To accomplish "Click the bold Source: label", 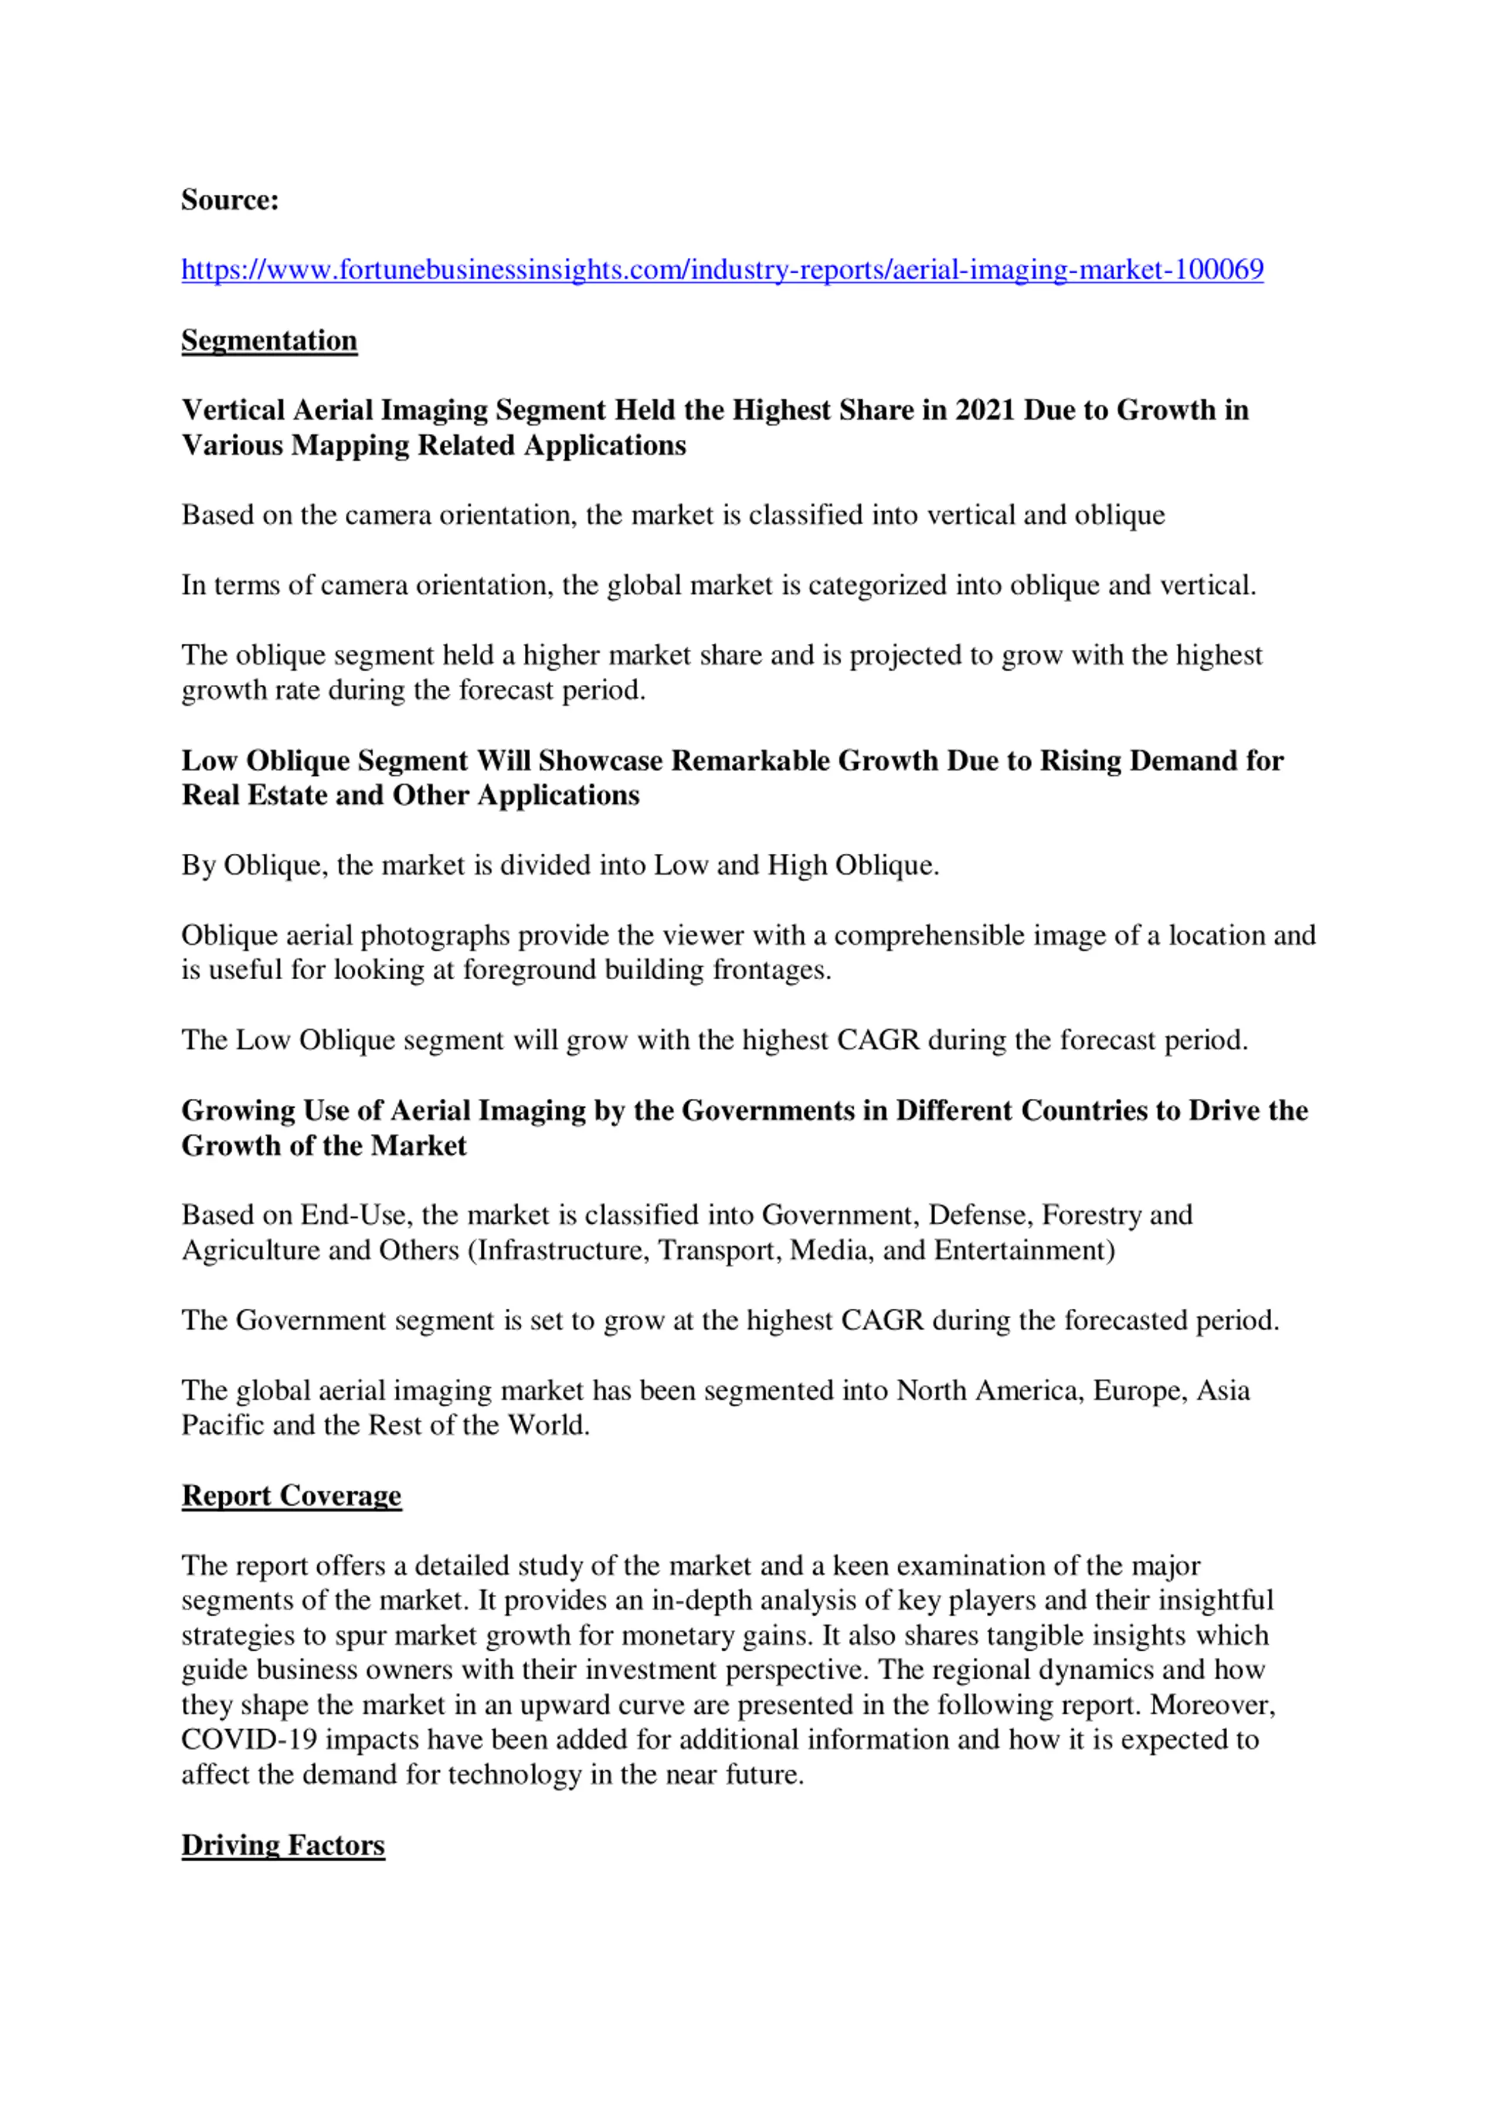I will [x=229, y=200].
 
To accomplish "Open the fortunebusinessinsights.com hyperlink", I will [x=722, y=270].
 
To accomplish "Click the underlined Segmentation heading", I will [x=269, y=341].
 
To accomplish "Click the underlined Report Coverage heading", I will [x=291, y=1496].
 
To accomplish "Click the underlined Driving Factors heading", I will [x=282, y=1845].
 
